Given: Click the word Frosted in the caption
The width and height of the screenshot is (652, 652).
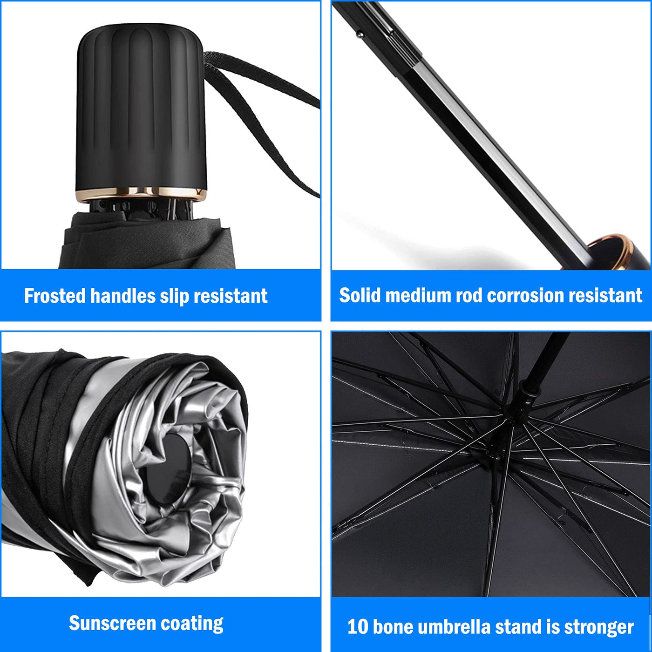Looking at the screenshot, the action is pyautogui.click(x=55, y=296).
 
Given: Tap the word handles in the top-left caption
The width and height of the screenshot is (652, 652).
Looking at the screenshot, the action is pyautogui.click(x=123, y=296).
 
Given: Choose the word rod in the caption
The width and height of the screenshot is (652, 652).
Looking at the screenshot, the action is pyautogui.click(x=469, y=295).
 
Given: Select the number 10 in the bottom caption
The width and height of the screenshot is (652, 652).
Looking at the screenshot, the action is pyautogui.click(x=358, y=627).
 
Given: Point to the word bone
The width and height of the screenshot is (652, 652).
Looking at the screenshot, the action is pyautogui.click(x=393, y=627).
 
